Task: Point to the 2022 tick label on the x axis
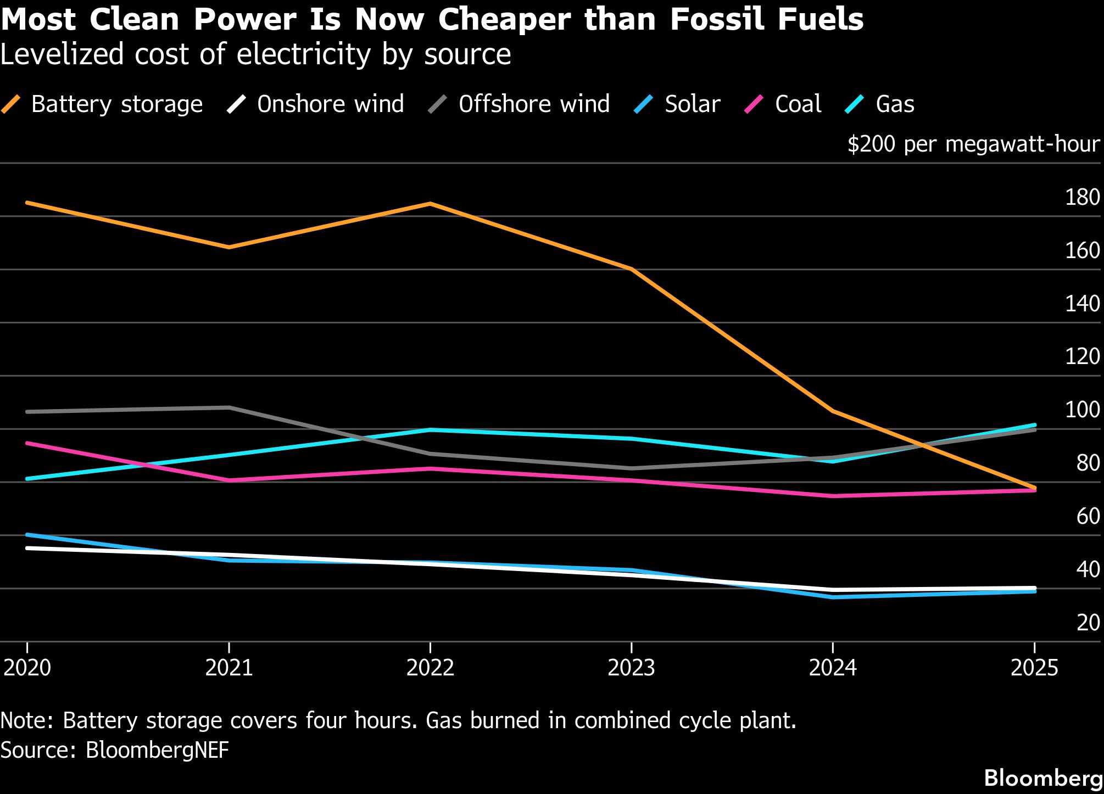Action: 430,668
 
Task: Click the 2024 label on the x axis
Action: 833,668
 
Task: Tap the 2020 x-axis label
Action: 27,668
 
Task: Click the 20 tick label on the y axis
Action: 1088,623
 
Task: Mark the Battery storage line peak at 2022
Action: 430,204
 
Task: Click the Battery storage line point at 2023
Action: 632,269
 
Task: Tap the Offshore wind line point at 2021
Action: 229,407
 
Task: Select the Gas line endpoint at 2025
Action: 1035,425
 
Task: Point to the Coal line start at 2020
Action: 27,443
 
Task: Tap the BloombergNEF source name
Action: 157,750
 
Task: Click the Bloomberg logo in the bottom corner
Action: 1043,778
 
